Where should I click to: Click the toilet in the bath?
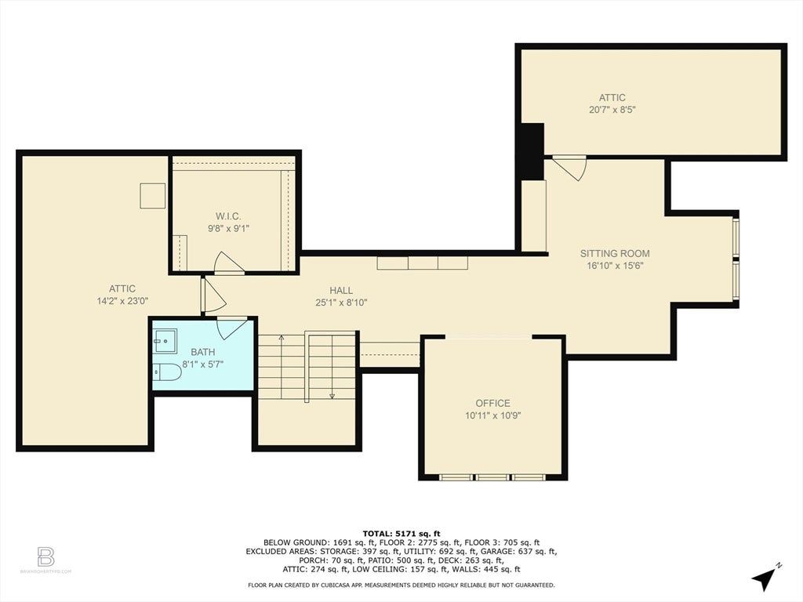coord(168,372)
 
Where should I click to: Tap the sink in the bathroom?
coord(165,342)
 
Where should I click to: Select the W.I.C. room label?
coord(228,216)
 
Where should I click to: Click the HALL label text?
coord(341,290)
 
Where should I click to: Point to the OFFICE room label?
coord(492,404)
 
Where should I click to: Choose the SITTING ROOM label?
coord(615,253)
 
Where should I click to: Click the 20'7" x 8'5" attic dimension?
coord(612,110)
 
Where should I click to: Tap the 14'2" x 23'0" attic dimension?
coord(122,301)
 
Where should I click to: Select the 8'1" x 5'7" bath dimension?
coord(203,364)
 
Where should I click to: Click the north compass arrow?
coord(765,578)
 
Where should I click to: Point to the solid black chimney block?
coord(532,151)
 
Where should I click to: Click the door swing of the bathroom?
coord(232,328)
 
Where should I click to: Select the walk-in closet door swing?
coord(227,263)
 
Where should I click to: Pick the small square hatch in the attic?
coord(153,195)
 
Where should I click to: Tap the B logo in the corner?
coord(45,557)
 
